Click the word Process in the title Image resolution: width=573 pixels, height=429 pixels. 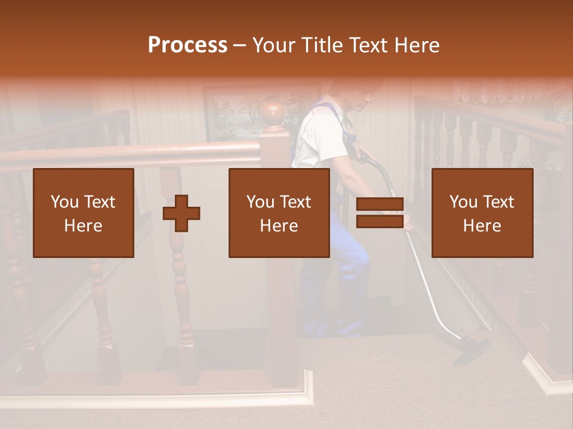(187, 45)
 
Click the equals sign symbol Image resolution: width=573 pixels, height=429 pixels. (380, 213)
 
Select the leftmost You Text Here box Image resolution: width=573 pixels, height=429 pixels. (84, 213)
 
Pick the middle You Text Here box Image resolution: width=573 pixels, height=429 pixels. (279, 213)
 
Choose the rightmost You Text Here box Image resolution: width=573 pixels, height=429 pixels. (482, 213)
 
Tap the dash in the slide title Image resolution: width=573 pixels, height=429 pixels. (240, 46)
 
